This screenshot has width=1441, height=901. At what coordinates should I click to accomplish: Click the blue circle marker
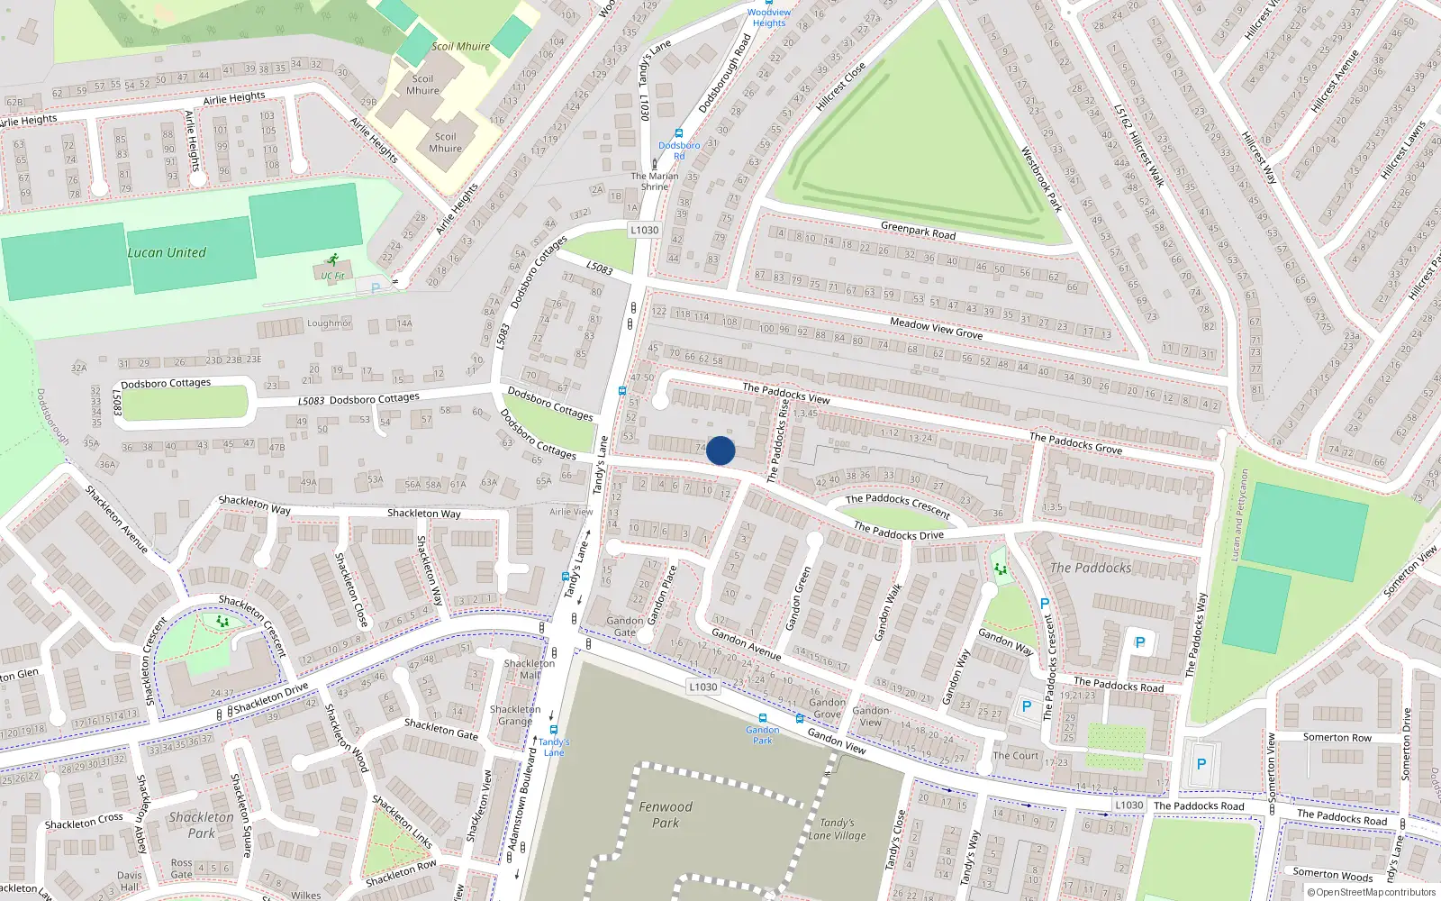click(x=720, y=450)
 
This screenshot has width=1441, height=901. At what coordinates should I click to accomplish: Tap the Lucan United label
click(x=167, y=253)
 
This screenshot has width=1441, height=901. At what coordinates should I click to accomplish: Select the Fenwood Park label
click(x=666, y=815)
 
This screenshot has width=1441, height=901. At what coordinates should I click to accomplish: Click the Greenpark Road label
click(x=918, y=231)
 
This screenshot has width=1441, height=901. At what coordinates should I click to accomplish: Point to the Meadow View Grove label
click(x=936, y=328)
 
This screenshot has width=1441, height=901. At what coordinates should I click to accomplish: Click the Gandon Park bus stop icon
click(x=763, y=719)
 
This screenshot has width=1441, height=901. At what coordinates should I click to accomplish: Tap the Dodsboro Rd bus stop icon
click(x=679, y=133)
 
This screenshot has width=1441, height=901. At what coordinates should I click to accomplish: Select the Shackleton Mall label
click(x=530, y=669)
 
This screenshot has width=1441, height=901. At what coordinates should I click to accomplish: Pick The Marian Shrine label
click(x=655, y=181)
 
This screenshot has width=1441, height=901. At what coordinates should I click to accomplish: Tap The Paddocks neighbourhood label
click(x=1090, y=568)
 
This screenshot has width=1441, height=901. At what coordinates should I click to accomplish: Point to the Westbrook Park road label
click(x=1041, y=179)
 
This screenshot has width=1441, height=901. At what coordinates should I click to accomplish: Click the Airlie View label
click(x=571, y=512)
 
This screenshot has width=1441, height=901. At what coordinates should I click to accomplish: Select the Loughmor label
click(x=330, y=323)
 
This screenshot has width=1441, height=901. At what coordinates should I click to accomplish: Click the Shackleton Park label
click(x=202, y=825)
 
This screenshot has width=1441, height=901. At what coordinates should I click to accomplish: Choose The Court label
click(x=1015, y=756)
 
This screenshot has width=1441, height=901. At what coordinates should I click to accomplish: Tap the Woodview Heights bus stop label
click(x=769, y=18)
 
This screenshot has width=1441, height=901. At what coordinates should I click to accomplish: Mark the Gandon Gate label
click(x=624, y=626)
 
